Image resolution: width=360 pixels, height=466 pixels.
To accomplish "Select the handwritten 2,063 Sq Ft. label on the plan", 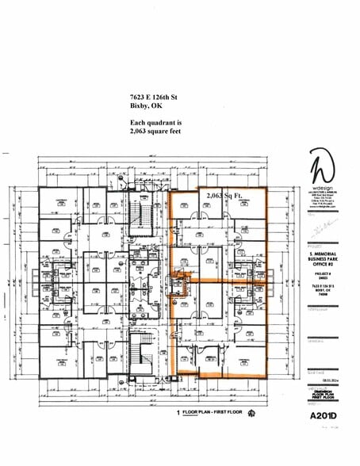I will pos(225,194).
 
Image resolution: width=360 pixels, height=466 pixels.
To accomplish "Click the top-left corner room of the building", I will pos(56,205).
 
